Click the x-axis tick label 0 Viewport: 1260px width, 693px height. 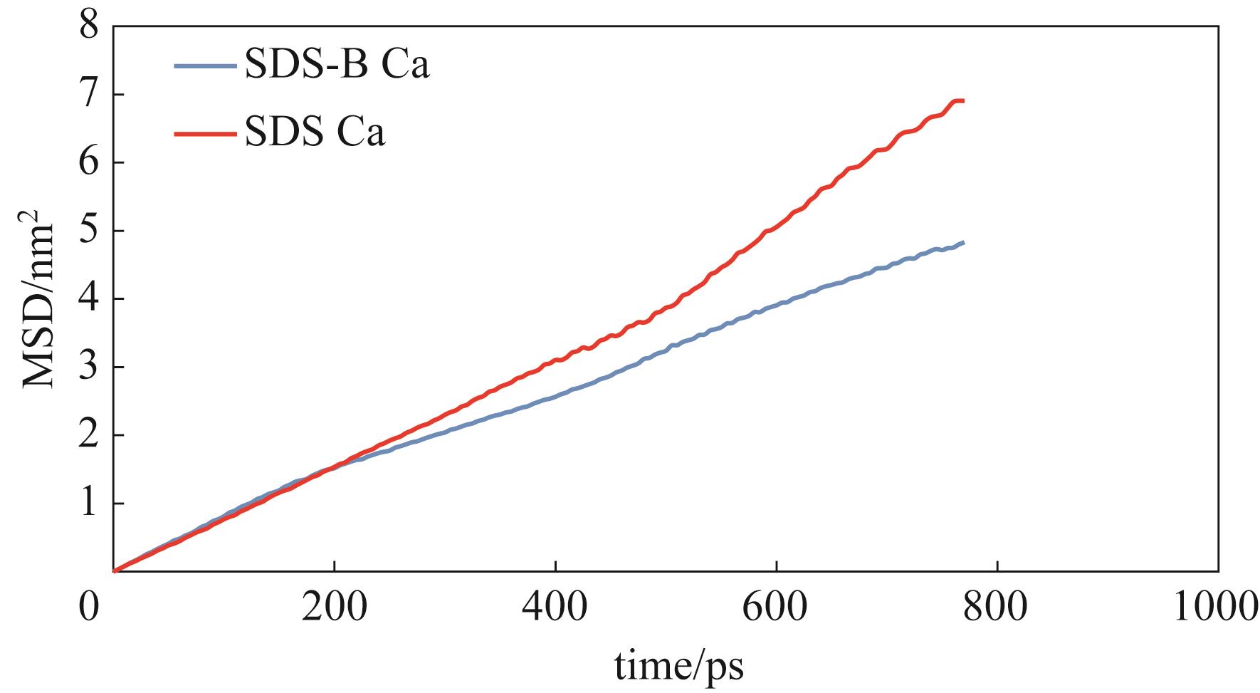pyautogui.click(x=89, y=609)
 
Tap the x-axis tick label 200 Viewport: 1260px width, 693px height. pyautogui.click(x=334, y=609)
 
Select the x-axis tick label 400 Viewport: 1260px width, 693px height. pyautogui.click(x=555, y=609)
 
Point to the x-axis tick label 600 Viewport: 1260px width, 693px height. pyautogui.click(x=776, y=609)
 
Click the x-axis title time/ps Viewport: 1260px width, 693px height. pyautogui.click(x=679, y=667)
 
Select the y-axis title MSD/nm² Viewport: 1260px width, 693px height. pyautogui.click(x=38, y=298)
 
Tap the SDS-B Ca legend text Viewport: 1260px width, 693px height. pyautogui.click(x=336, y=66)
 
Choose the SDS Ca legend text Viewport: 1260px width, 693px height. pyautogui.click(x=315, y=132)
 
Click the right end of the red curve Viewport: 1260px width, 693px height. pyautogui.click(x=963, y=101)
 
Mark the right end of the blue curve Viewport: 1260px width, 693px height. pyautogui.click(x=963, y=243)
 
